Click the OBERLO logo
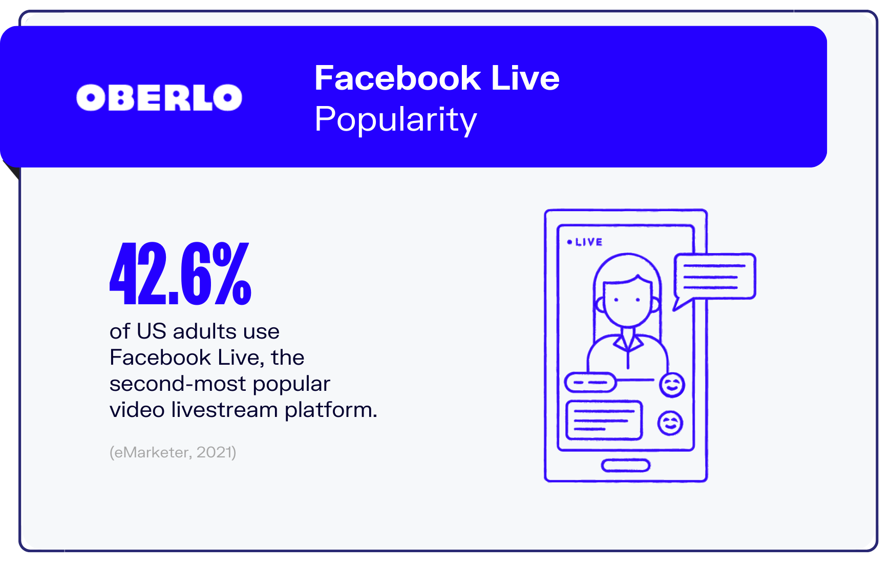click(x=159, y=97)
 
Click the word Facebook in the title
click(x=397, y=78)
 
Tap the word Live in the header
click(x=525, y=78)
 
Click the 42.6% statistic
click(x=180, y=274)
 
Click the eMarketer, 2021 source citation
click(x=173, y=452)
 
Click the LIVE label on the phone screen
click(x=588, y=242)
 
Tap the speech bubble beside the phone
click(x=714, y=276)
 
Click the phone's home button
click(x=625, y=465)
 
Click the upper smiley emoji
click(x=672, y=385)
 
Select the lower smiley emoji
click(x=670, y=423)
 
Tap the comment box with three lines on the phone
click(x=604, y=420)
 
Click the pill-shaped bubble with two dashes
click(x=590, y=382)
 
